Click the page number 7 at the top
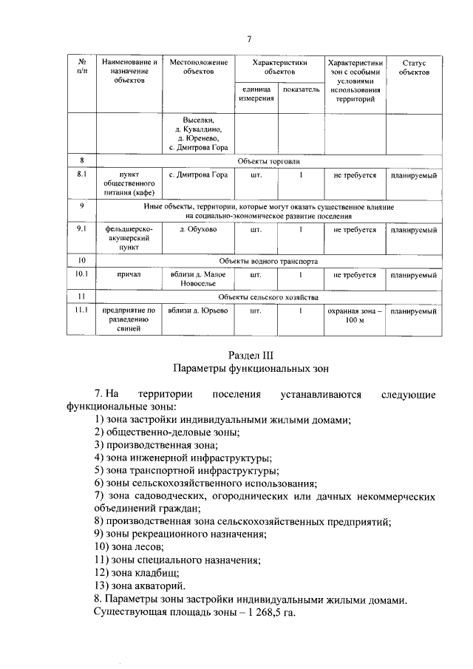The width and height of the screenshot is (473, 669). click(x=249, y=39)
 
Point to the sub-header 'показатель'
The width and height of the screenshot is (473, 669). click(x=301, y=89)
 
